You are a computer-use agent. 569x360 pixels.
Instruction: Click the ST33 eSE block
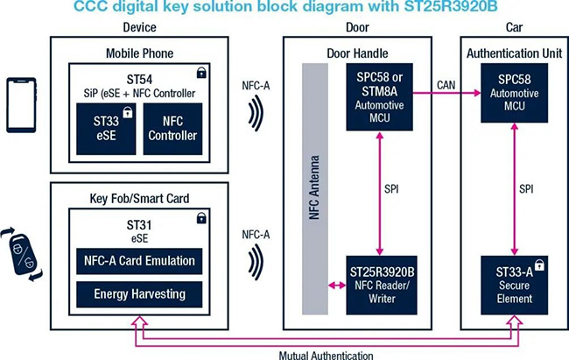click(106, 129)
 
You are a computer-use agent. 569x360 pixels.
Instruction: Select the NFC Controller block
click(172, 129)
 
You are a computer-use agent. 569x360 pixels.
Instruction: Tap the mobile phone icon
click(21, 105)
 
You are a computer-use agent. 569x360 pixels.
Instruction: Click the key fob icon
click(21, 254)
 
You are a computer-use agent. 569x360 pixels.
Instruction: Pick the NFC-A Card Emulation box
click(139, 261)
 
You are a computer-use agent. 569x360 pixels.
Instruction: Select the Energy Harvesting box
click(139, 294)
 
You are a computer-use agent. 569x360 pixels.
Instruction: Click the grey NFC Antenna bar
click(315, 189)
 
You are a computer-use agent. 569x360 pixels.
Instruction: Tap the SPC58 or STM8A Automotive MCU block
click(379, 97)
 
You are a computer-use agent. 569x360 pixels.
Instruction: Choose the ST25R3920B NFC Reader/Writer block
click(382, 286)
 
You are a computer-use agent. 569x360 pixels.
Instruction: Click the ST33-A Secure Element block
click(514, 286)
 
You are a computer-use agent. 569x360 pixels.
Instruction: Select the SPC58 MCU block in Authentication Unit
click(514, 93)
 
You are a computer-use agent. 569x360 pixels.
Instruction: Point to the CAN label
click(446, 85)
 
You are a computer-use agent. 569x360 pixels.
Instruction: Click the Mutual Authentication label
click(326, 355)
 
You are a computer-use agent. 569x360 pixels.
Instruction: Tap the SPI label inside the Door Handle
click(391, 189)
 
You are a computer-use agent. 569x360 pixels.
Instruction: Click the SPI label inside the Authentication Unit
click(526, 189)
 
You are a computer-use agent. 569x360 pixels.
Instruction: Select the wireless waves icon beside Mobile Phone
click(256, 113)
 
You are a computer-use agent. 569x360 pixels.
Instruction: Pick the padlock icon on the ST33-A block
click(539, 265)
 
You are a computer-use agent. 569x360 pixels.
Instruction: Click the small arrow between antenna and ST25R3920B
click(337, 286)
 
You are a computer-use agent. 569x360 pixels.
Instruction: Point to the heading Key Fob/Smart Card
click(139, 199)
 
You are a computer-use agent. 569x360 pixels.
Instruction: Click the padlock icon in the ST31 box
click(201, 218)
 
